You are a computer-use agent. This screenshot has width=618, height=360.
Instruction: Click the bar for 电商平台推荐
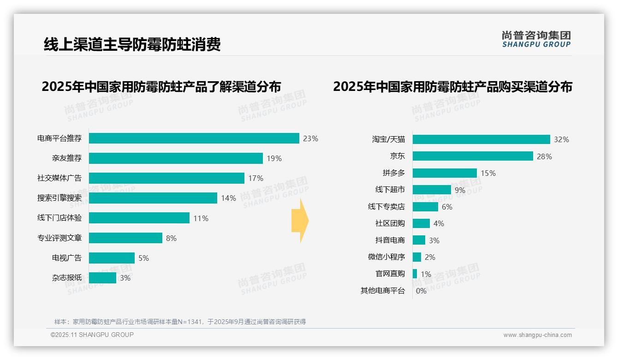[x=194, y=138]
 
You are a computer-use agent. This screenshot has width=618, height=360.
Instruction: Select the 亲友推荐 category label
[x=67, y=158]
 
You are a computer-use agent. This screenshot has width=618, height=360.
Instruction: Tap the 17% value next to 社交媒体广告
[x=256, y=178]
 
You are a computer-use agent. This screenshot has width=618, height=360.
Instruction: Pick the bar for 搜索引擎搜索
[x=153, y=198]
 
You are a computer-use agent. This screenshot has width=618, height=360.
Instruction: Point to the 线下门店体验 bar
[x=139, y=218]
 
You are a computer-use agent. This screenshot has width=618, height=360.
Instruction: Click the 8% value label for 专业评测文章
[x=171, y=238]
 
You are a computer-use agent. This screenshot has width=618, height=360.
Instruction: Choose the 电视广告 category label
[x=67, y=258]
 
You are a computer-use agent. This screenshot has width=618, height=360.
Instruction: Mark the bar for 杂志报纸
[x=102, y=278]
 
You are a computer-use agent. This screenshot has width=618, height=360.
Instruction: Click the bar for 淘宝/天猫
[x=481, y=139]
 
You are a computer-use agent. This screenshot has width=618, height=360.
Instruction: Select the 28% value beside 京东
[x=544, y=156]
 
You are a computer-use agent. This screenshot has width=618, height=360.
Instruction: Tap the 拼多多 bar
[x=445, y=173]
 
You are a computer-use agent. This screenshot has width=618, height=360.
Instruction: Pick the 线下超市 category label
[x=390, y=190]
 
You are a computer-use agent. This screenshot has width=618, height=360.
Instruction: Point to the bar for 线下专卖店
[x=425, y=207]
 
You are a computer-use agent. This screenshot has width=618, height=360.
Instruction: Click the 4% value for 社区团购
[x=439, y=223]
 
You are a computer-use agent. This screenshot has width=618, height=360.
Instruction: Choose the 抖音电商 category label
[x=390, y=240]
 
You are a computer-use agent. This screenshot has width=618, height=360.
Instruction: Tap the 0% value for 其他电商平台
[x=421, y=291]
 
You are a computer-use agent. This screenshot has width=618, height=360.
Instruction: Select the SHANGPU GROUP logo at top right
[x=536, y=39]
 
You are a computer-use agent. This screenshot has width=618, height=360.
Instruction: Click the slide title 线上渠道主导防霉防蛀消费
[x=132, y=44]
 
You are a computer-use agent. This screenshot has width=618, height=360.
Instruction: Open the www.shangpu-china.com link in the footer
[x=537, y=335]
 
